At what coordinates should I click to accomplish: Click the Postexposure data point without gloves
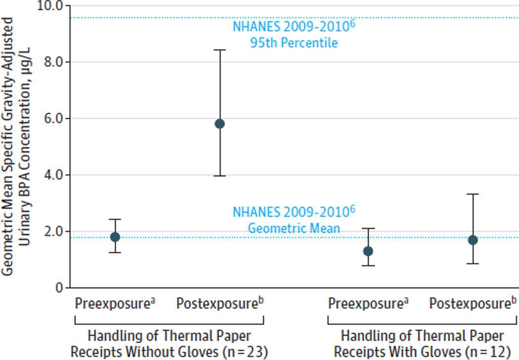tap(220, 124)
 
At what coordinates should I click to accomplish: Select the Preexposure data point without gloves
tap(115, 237)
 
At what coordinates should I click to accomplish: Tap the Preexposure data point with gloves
tap(368, 251)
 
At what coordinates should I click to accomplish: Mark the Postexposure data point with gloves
tap(473, 240)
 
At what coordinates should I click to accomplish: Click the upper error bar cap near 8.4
tap(220, 50)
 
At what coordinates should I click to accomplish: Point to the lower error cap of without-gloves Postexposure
tap(220, 176)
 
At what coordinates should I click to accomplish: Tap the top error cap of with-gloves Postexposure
tap(473, 194)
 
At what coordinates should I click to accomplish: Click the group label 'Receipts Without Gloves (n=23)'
tap(170, 352)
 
